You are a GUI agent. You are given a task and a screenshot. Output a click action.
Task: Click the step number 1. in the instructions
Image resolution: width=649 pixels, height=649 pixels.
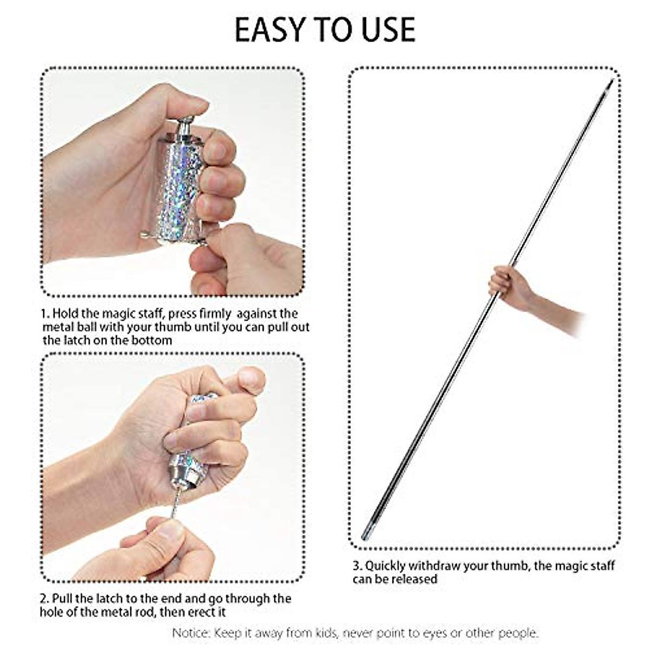click(x=45, y=314)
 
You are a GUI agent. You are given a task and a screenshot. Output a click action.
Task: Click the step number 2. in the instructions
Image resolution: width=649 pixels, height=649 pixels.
click(x=45, y=599)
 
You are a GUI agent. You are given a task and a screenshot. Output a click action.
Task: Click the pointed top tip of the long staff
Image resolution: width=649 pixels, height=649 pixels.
click(x=611, y=82)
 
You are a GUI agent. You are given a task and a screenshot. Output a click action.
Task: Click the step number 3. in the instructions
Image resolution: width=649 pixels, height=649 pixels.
click(x=357, y=566)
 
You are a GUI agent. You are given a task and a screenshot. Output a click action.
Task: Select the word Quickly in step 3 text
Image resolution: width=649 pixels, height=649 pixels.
click(x=385, y=566)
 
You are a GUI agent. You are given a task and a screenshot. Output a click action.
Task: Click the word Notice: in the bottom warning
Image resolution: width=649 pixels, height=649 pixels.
click(x=192, y=633)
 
